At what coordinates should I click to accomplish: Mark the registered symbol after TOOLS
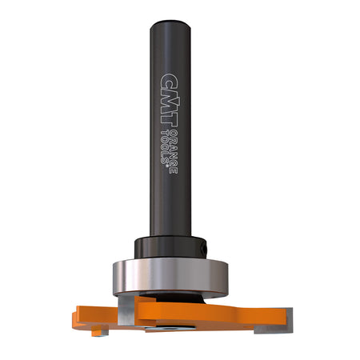coord(166,162)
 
